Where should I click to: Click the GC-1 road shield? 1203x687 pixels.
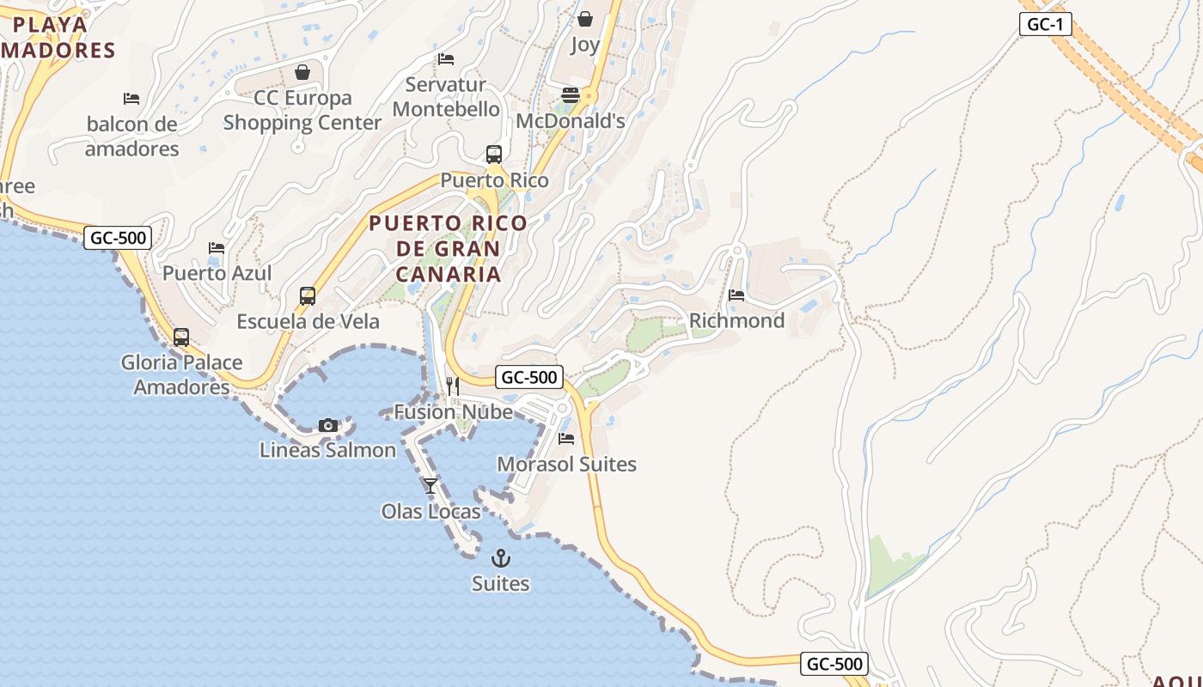coord(1046,24)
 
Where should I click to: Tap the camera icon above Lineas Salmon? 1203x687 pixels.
coord(327,425)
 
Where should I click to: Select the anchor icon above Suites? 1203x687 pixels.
coord(500,559)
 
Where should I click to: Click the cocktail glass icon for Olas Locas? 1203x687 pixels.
coord(431,486)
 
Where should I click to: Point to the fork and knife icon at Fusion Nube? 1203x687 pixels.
coord(453,386)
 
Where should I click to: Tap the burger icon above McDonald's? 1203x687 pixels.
coord(571,95)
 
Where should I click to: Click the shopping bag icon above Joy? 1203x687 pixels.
coord(585,18)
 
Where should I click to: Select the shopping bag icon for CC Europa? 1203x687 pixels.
coord(302,72)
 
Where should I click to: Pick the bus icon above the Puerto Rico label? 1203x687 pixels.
coord(493,155)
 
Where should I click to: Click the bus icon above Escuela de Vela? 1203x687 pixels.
coord(308,296)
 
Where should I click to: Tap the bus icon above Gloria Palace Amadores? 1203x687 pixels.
coord(181,337)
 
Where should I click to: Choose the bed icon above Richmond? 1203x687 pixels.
coord(736,295)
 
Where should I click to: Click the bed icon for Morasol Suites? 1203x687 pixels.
coord(566,439)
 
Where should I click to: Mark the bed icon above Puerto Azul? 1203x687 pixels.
coord(217,248)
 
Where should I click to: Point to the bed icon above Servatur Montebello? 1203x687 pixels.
coord(446,59)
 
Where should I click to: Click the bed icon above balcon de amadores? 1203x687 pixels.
coord(131,99)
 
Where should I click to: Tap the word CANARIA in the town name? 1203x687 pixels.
coord(449,274)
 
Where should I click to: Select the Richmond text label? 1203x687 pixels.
coord(736,320)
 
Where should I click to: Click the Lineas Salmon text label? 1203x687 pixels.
coord(327,450)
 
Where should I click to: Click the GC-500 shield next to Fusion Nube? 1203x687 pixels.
coord(529,377)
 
